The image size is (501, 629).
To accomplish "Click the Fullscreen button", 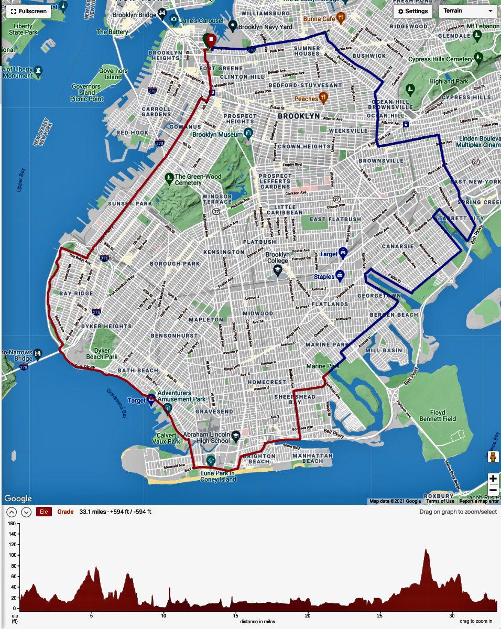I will pos(28,11).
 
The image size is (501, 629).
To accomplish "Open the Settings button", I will pos(413,11).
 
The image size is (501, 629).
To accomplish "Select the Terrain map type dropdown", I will pos(468,11).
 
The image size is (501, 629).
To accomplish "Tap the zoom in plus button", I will pos(493,478).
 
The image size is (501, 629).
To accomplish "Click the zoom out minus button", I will pos(493,490).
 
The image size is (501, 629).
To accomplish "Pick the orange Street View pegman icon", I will pos(493,457).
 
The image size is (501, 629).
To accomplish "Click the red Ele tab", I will pos(44,512).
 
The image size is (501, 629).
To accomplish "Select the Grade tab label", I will pos(66,512).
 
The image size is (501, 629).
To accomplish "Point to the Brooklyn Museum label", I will pos(217,135).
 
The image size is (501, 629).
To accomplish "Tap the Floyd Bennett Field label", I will pos(438,415).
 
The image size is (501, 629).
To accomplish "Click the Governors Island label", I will pos(114,74).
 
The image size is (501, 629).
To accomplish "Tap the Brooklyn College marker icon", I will pos(278,269).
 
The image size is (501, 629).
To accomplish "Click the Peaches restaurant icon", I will pos(323,97).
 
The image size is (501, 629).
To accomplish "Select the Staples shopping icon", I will pos(340,275).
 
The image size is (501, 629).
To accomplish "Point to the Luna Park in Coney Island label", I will pos(219,476).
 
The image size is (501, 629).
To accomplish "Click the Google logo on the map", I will pos(18,498).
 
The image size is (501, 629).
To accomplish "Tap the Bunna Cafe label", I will pos(320,19).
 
